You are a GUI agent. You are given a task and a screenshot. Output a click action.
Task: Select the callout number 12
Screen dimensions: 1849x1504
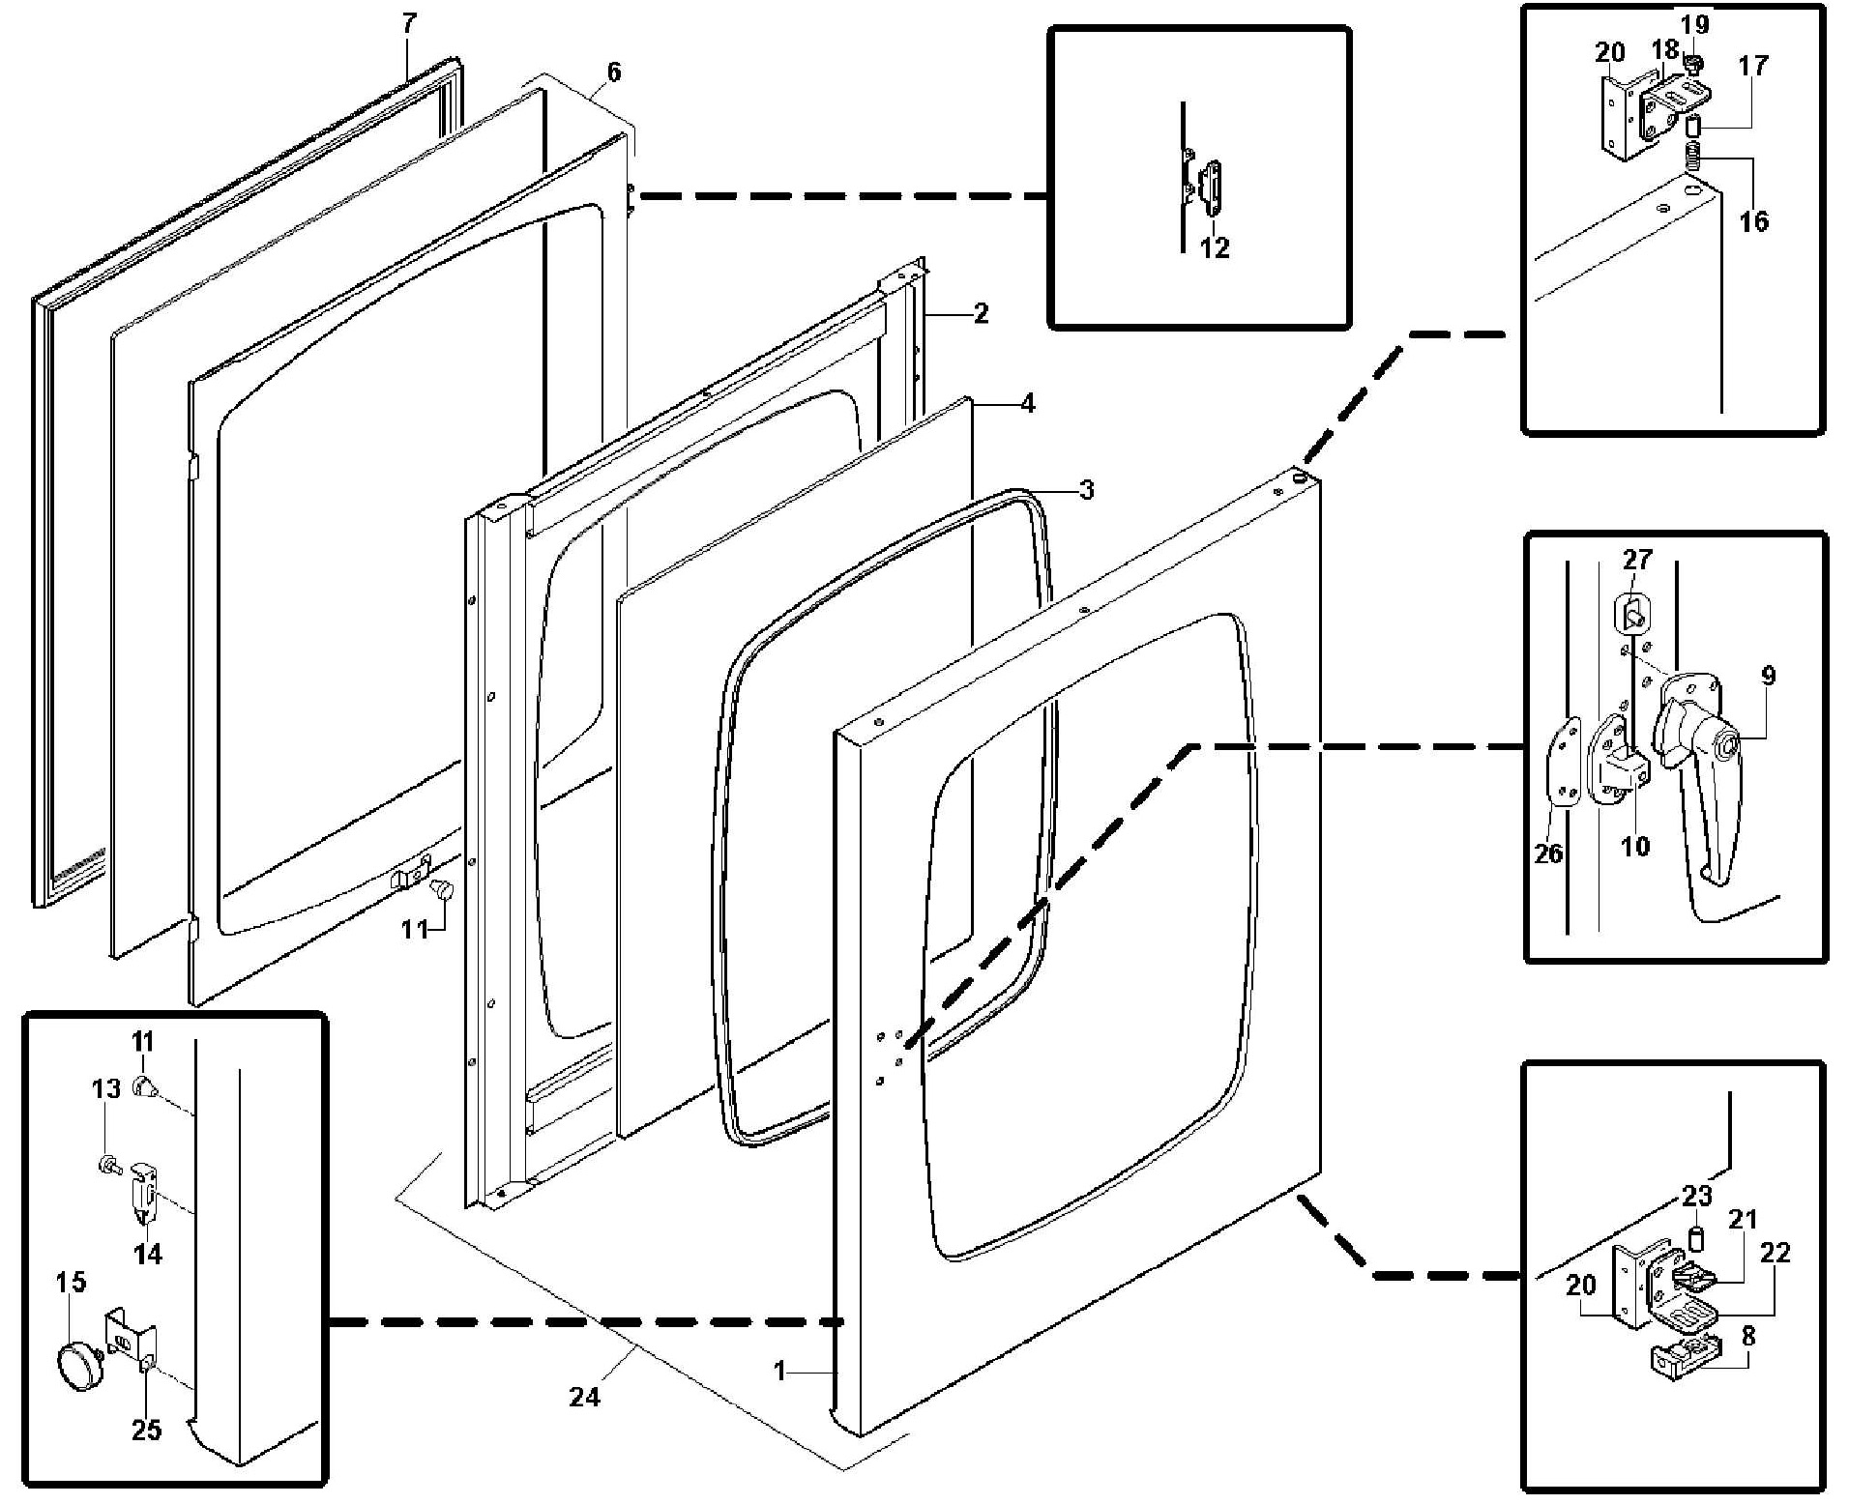[x=1215, y=248]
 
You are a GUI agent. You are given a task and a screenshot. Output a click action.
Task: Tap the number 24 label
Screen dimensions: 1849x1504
[x=584, y=1397]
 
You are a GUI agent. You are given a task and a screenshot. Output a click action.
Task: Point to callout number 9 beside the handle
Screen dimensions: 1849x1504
[x=1768, y=676]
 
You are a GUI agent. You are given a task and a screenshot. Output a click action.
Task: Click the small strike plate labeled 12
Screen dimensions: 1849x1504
[x=1211, y=189]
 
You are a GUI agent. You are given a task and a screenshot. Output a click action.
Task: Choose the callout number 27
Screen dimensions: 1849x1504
[x=1637, y=560]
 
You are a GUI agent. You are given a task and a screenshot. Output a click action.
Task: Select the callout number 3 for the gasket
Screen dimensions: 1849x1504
[x=1086, y=490]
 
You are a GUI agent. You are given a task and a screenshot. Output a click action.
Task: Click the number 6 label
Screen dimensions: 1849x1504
[x=613, y=72]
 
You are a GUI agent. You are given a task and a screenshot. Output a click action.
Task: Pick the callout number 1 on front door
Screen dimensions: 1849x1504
[x=779, y=1371]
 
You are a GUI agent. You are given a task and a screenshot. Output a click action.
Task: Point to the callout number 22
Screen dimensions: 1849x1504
[x=1776, y=1253]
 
